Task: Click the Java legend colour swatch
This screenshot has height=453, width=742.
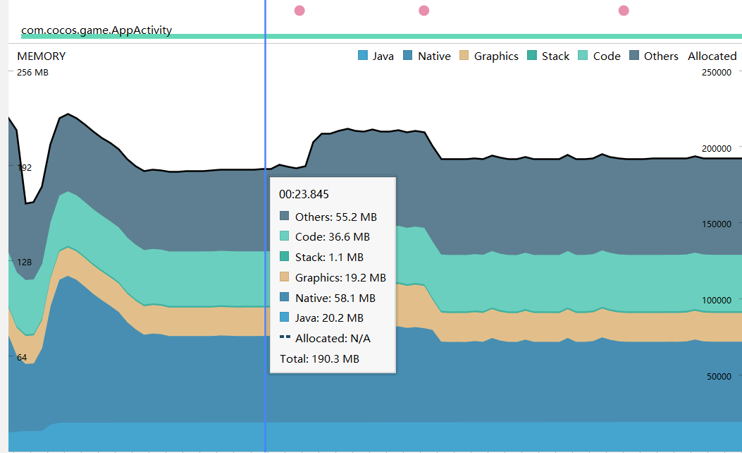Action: pyautogui.click(x=364, y=56)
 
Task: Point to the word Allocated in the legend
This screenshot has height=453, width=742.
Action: pyautogui.click(x=712, y=56)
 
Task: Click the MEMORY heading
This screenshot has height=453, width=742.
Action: pyautogui.click(x=41, y=56)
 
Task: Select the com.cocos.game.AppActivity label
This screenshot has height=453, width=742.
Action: pyautogui.click(x=97, y=31)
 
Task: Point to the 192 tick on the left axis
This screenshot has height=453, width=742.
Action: pyautogui.click(x=25, y=167)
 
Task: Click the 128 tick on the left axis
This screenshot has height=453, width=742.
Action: pyautogui.click(x=25, y=262)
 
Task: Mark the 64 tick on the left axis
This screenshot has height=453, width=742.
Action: pyautogui.click(x=22, y=358)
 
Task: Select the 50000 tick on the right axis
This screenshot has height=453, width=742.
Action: pyautogui.click(x=719, y=376)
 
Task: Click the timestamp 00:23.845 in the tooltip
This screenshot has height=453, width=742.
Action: pyautogui.click(x=304, y=194)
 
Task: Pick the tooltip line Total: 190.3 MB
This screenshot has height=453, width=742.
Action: pyautogui.click(x=319, y=358)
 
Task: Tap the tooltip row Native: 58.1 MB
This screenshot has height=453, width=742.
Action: pyautogui.click(x=335, y=298)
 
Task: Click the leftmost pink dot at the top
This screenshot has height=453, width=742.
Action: pyautogui.click(x=299, y=11)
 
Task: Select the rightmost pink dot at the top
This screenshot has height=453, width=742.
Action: pyautogui.click(x=624, y=11)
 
